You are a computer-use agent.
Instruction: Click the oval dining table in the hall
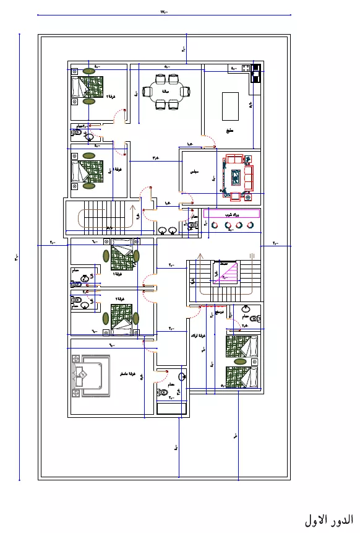(166, 92)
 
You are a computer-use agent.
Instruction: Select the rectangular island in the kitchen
(230, 105)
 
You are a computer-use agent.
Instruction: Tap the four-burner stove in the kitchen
(255, 68)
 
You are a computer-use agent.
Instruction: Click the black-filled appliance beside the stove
(255, 77)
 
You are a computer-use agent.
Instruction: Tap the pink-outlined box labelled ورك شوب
(231, 213)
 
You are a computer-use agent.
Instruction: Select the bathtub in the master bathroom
(171, 409)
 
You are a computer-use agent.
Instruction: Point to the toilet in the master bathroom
(162, 392)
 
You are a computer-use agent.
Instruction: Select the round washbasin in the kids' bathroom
(246, 308)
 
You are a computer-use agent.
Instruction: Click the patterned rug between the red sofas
(235, 177)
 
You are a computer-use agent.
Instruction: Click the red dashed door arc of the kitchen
(209, 141)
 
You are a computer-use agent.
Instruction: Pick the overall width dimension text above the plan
(163, 12)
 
